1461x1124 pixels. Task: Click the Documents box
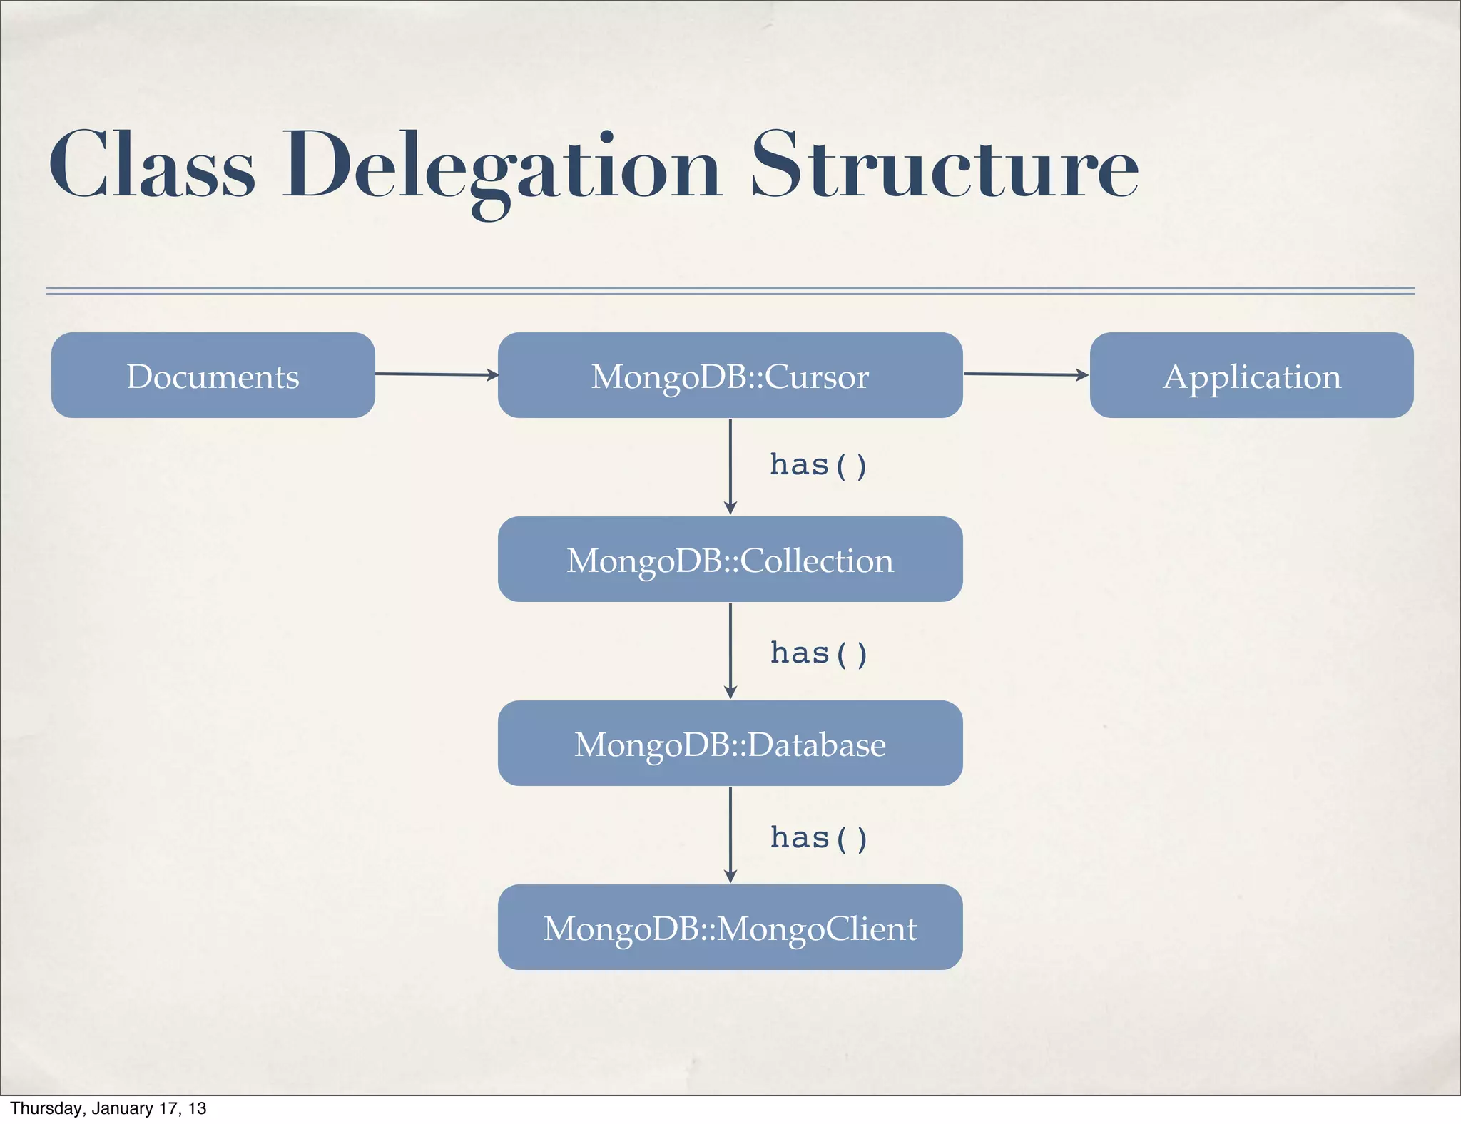coord(213,375)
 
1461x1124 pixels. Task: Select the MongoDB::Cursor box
coord(730,375)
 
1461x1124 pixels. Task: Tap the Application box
coord(1251,375)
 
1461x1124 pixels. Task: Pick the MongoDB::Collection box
coord(730,559)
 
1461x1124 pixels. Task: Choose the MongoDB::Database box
coord(730,743)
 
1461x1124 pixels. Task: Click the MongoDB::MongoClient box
coord(730,927)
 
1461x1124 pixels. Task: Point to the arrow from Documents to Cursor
coord(436,374)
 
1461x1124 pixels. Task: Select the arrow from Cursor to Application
coord(1026,374)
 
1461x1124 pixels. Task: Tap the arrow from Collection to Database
coord(730,650)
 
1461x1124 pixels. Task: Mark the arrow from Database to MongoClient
coord(730,834)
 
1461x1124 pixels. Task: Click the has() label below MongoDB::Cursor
coord(818,465)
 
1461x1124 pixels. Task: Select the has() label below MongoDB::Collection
coord(818,653)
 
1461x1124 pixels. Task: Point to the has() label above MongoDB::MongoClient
coord(818,838)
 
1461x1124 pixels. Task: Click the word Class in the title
coord(151,165)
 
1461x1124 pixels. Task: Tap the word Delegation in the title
coord(502,168)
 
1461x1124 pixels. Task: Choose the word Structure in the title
coord(945,165)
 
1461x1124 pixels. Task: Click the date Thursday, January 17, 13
coord(108,1108)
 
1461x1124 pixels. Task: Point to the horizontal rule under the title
coord(730,291)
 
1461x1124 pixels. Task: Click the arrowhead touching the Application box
coord(1082,374)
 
